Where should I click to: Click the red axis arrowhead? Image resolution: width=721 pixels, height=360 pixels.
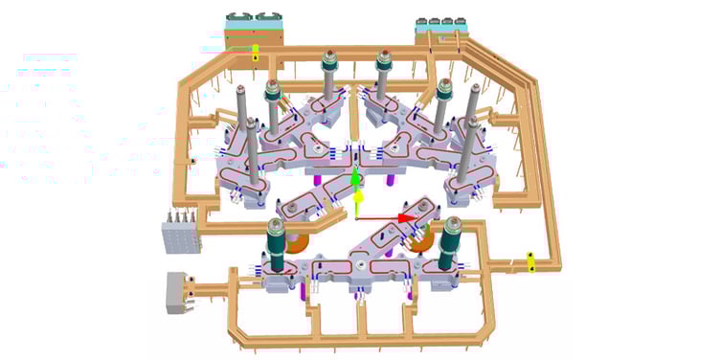406,217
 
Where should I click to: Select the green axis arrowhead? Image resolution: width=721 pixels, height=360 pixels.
355,178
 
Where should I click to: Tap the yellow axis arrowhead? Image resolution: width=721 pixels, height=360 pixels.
357,198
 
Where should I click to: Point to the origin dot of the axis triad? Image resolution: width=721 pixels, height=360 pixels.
356,218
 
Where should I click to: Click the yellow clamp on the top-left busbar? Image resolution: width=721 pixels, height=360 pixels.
256,52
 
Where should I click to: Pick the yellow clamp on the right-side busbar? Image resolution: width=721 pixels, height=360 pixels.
529,259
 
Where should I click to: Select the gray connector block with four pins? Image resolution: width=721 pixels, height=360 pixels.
179,233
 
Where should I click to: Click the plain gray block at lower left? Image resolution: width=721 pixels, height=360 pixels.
178,291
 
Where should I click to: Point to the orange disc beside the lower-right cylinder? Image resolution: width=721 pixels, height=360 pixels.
425,245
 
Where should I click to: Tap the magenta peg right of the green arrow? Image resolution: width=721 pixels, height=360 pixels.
395,176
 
